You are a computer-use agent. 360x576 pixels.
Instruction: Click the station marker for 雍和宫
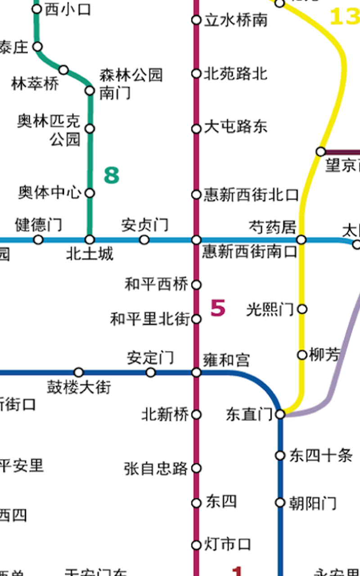(196, 373)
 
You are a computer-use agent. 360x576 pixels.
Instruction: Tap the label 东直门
(249, 414)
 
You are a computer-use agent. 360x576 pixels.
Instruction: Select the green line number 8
(111, 175)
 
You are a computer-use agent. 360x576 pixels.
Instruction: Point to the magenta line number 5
(218, 309)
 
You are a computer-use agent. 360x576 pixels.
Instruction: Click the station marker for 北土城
(90, 239)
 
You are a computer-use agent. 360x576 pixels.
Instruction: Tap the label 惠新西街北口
(251, 195)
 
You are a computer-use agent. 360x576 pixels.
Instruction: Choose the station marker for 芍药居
(301, 239)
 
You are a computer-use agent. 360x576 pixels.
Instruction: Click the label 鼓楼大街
(79, 387)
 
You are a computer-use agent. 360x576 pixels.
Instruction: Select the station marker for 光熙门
(302, 309)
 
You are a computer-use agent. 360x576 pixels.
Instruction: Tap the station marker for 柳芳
(302, 355)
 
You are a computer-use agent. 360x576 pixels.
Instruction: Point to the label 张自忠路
(156, 468)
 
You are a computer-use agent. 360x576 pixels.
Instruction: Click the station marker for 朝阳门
(280, 503)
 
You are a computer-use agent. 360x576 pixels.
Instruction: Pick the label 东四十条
(320, 455)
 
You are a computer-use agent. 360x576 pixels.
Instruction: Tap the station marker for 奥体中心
(90, 193)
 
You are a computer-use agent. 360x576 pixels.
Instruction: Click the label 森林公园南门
(130, 83)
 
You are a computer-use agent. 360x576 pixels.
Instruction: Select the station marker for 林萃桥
(64, 70)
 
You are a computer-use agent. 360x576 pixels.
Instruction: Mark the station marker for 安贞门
(144, 240)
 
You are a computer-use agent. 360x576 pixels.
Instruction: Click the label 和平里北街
(150, 319)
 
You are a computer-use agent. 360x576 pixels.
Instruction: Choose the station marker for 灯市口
(196, 545)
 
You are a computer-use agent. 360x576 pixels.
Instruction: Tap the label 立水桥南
(236, 20)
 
